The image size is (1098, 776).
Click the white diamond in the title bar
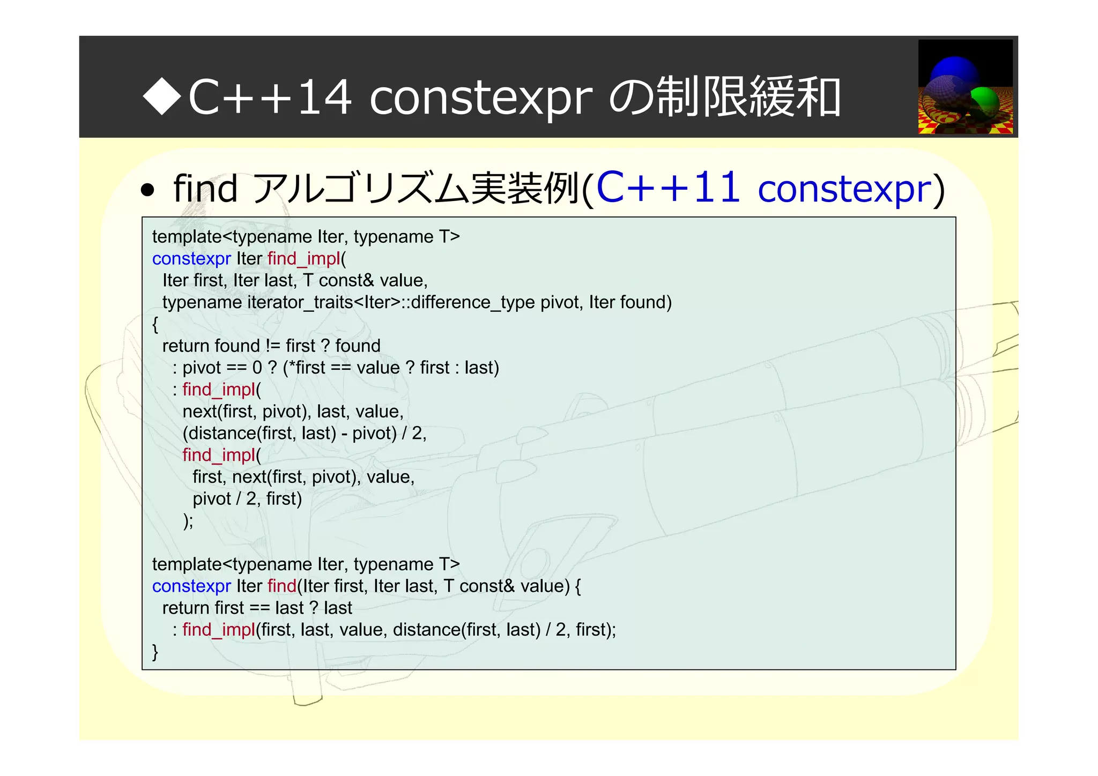click(162, 96)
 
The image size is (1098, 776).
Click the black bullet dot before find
click(147, 190)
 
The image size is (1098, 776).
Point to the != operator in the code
click(272, 346)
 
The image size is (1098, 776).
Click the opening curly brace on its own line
click(155, 324)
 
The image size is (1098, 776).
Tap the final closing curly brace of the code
click(155, 652)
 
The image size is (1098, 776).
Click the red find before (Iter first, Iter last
click(281, 586)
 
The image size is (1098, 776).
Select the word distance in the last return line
click(427, 630)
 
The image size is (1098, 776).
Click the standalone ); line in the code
click(188, 521)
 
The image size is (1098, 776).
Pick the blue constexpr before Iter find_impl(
click(191, 259)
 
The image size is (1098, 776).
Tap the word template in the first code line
click(187, 237)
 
